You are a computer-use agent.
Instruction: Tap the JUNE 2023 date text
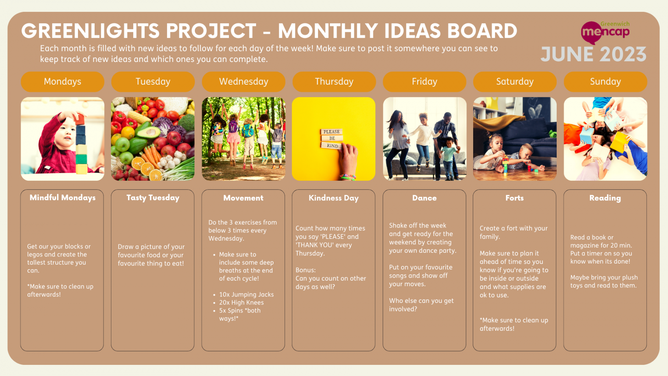pyautogui.click(x=593, y=55)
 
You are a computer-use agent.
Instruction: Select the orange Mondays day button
pyautogui.click(x=62, y=82)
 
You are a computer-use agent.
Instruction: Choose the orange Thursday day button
pyautogui.click(x=334, y=82)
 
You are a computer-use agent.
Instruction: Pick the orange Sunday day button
pyautogui.click(x=605, y=82)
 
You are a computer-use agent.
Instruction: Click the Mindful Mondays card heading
pyautogui.click(x=62, y=198)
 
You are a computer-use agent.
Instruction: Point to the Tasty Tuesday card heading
pyautogui.click(x=153, y=198)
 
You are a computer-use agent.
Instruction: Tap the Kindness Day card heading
pyautogui.click(x=334, y=198)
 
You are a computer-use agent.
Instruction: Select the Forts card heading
pyautogui.click(x=514, y=198)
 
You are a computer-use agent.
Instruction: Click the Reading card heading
pyautogui.click(x=605, y=198)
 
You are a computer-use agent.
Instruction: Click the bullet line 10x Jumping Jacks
pyautogui.click(x=246, y=295)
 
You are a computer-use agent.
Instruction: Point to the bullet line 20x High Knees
pyautogui.click(x=241, y=303)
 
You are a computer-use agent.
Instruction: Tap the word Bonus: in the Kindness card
pyautogui.click(x=305, y=270)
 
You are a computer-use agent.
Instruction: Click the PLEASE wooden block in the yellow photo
pyautogui.click(x=331, y=132)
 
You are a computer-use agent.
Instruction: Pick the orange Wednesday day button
pyautogui.click(x=243, y=82)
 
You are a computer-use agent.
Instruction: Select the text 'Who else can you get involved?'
pyautogui.click(x=421, y=305)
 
